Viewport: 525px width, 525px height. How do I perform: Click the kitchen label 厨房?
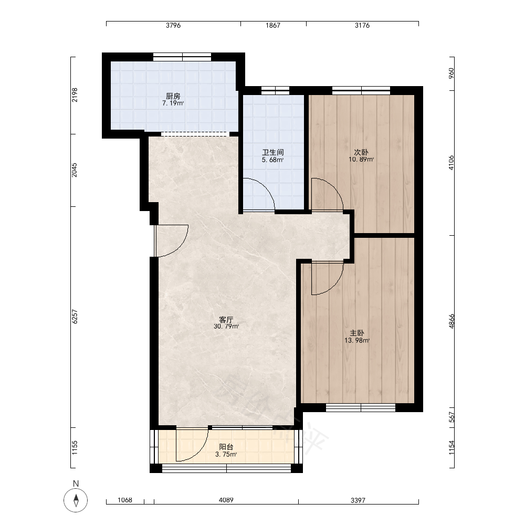click(173, 97)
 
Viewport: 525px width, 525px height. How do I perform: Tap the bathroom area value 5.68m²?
click(272, 160)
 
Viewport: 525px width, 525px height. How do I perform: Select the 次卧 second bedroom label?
click(361, 152)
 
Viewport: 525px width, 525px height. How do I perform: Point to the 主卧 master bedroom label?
click(357, 333)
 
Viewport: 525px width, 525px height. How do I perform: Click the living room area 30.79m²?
click(226, 327)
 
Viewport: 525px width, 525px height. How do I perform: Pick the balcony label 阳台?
click(226, 447)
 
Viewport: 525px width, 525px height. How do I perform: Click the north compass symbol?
click(76, 500)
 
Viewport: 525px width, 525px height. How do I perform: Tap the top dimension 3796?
click(173, 25)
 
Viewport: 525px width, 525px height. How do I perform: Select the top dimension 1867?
click(273, 25)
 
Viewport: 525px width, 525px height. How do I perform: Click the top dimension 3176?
click(362, 25)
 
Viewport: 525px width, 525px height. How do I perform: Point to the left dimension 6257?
click(75, 317)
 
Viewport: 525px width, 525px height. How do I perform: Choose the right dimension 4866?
click(451, 321)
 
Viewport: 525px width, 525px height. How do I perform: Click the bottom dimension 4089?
click(226, 500)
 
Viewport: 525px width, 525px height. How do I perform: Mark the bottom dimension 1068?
click(125, 500)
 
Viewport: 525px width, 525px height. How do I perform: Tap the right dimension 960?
click(451, 73)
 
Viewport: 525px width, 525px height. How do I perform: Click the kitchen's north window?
click(182, 57)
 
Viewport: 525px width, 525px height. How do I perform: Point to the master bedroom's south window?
click(361, 407)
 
